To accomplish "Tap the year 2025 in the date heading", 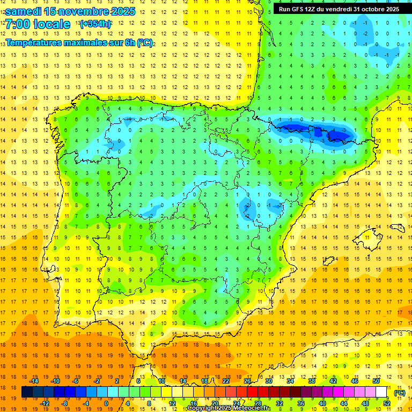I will [122, 11].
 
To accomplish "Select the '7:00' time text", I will [17, 24].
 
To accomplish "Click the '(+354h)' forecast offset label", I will [95, 24].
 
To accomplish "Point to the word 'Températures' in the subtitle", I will [32, 42].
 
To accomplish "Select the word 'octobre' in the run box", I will [370, 9].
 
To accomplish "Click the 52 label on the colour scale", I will [387, 403].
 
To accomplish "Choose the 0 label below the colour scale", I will [106, 403].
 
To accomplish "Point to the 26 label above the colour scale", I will [247, 381].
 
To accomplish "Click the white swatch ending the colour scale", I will [381, 392].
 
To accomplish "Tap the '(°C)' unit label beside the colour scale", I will [400, 393].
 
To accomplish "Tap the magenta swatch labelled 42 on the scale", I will [332, 392].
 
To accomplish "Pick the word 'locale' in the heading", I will [52, 24].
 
